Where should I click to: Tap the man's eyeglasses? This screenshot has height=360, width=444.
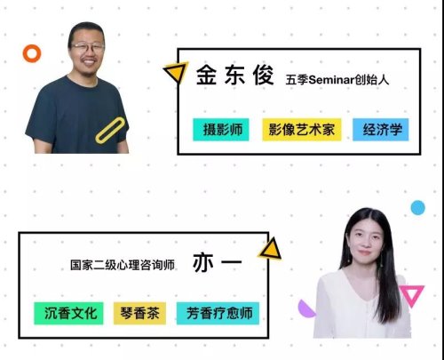coord(87,46)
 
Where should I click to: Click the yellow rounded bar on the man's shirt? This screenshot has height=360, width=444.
coord(110,131)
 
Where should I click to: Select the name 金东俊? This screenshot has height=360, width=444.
coord(234,76)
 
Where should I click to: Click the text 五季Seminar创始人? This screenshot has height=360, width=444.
coord(337,80)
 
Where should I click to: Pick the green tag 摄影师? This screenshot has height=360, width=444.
coord(221,130)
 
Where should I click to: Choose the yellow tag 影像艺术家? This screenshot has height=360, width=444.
coord(302,130)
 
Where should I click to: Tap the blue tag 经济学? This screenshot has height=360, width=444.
coord(381,130)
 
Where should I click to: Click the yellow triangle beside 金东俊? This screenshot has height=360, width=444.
coord(177,71)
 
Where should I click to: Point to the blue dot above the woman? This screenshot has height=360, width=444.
coord(417,207)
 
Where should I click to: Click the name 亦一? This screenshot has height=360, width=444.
coord(218,262)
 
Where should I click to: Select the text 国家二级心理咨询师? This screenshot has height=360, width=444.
coord(123,265)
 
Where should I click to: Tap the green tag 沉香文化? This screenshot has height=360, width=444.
coord(68,313)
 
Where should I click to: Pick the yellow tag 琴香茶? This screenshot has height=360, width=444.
coord(139,313)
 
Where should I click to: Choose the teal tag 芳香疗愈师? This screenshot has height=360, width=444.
coord(218,313)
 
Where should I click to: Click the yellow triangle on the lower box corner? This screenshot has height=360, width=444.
coord(271,250)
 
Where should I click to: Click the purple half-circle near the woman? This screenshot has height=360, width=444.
coord(305,309)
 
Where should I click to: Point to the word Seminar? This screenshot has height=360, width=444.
coord(331,80)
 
